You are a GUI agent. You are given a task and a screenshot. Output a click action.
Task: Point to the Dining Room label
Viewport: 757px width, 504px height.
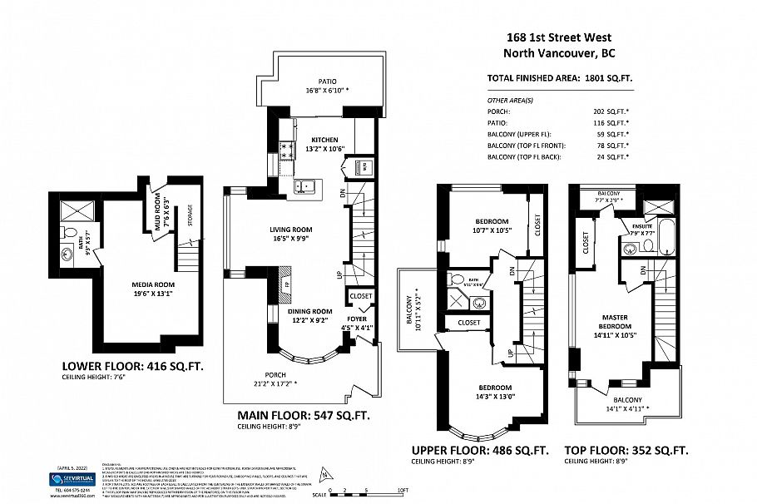coord(314,311)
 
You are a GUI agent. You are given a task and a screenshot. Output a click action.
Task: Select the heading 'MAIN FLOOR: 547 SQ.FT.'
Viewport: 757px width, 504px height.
coord(303,413)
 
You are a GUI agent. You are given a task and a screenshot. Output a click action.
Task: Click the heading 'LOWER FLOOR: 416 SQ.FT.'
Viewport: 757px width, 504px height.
coord(132,365)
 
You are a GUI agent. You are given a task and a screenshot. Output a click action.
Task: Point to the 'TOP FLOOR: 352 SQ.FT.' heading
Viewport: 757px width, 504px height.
coord(626,450)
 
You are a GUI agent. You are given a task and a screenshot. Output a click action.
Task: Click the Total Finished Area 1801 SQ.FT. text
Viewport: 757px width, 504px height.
coord(559,79)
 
